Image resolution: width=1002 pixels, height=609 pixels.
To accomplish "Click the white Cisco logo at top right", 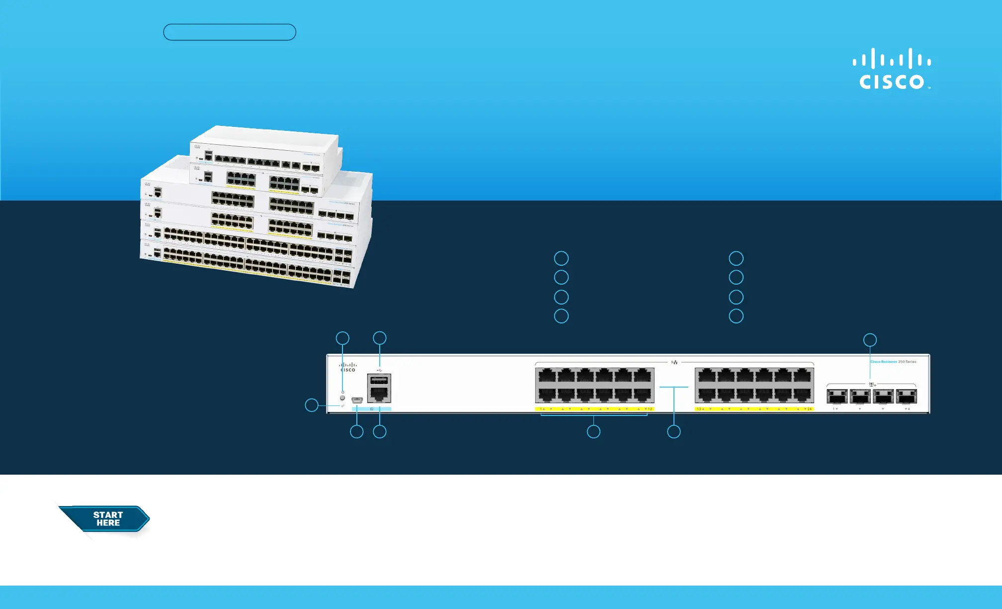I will (892, 69).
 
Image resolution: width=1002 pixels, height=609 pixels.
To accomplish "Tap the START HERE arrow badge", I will (105, 519).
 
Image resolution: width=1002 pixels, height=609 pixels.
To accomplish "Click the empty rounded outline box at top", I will (230, 32).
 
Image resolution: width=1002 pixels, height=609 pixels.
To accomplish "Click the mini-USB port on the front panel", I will (357, 400).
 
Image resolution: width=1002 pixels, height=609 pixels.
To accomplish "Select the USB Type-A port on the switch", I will (379, 381).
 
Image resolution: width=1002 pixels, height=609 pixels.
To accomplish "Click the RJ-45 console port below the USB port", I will (379, 394).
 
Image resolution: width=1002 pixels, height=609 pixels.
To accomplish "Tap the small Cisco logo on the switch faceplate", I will (348, 367).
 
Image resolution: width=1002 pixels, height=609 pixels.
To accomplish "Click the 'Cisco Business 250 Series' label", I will (893, 362).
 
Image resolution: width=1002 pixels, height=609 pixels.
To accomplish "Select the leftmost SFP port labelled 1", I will (837, 397).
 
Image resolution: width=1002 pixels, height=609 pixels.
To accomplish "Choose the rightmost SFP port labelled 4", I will (906, 397).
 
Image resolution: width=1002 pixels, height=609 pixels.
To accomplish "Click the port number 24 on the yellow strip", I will (809, 409).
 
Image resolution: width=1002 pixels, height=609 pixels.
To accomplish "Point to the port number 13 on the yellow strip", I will (699, 409).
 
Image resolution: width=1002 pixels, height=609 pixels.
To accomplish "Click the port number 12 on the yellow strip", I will (650, 409).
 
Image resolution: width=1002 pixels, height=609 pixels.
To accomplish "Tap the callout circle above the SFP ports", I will (870, 340).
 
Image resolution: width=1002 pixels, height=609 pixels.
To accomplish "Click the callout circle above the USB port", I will (380, 338).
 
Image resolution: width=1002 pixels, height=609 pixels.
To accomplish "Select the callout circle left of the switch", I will (312, 405).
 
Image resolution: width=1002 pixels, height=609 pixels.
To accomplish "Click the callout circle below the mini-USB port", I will (357, 431).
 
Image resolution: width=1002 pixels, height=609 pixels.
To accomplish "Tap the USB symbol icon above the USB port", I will (379, 370).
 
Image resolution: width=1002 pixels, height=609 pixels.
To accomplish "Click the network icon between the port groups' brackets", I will (674, 362).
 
